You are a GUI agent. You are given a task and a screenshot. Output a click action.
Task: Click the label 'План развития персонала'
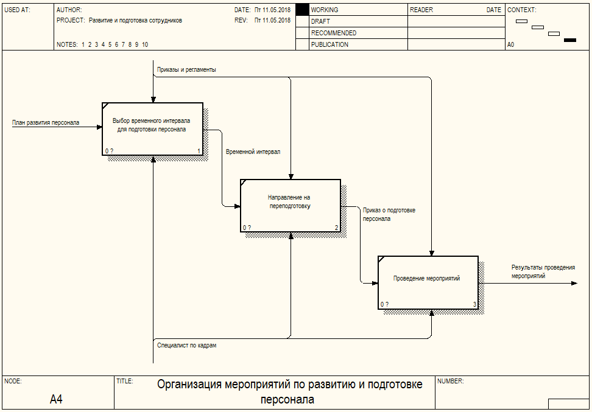pyautogui.click(x=46, y=122)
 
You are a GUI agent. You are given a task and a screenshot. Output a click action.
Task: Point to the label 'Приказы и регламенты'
pyautogui.click(x=186, y=69)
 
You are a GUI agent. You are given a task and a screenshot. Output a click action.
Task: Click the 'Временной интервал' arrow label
pyautogui.click(x=253, y=152)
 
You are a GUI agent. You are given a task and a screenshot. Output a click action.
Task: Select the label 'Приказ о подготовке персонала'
pyautogui.click(x=389, y=214)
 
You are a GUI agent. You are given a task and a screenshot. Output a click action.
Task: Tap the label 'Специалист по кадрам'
pyautogui.click(x=187, y=345)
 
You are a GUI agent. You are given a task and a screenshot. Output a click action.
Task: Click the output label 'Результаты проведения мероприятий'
pyautogui.click(x=543, y=271)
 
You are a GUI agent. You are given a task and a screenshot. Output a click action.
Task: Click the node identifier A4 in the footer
pyautogui.click(x=56, y=399)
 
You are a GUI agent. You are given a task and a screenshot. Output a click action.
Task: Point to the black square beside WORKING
pyautogui.click(x=302, y=10)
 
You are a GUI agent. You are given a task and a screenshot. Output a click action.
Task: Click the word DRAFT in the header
pyautogui.click(x=320, y=21)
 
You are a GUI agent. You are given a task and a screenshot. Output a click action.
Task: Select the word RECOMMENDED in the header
pyautogui.click(x=334, y=33)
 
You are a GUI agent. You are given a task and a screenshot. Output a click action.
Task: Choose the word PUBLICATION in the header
pyautogui.click(x=329, y=44)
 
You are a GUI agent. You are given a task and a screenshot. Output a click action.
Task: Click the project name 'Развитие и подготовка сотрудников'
pyautogui.click(x=135, y=20)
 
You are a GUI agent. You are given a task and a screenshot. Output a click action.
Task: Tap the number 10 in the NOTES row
pyautogui.click(x=145, y=44)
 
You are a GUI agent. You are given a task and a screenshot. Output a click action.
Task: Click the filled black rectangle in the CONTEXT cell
pyautogui.click(x=570, y=40)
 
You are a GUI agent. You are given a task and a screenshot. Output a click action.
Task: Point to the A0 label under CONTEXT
pyautogui.click(x=511, y=44)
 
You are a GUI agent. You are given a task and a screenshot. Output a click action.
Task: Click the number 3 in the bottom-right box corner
pyautogui.click(x=474, y=304)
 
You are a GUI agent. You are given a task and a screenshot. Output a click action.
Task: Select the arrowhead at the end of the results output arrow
pyautogui.click(x=574, y=283)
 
